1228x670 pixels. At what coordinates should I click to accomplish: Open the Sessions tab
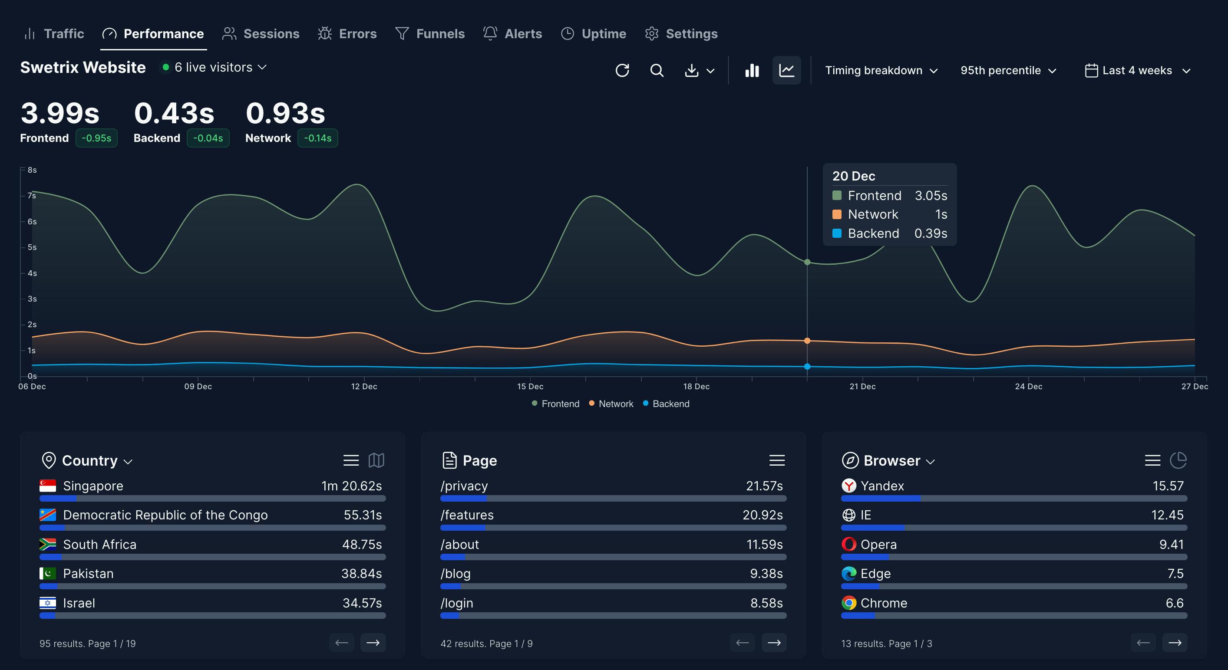pyautogui.click(x=261, y=33)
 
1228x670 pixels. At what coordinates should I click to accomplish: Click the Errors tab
pyautogui.click(x=347, y=33)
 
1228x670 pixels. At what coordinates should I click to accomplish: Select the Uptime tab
pyautogui.click(x=594, y=33)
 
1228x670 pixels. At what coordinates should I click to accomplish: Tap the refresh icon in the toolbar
pyautogui.click(x=622, y=71)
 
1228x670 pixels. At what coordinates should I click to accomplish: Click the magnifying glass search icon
pyautogui.click(x=657, y=71)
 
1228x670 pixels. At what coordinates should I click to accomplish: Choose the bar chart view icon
pyautogui.click(x=752, y=71)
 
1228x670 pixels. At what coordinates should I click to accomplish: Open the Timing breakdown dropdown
pyautogui.click(x=881, y=71)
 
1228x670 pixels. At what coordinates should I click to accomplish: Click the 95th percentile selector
pyautogui.click(x=1008, y=71)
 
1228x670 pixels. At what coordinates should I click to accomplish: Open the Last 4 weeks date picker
pyautogui.click(x=1137, y=71)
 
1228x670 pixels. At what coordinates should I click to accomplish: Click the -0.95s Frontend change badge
pyautogui.click(x=96, y=138)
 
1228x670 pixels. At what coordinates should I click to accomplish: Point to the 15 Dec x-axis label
pyautogui.click(x=530, y=387)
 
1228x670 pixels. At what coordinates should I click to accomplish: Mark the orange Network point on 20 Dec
pyautogui.click(x=807, y=341)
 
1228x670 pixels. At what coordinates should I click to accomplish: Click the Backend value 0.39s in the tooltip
pyautogui.click(x=931, y=233)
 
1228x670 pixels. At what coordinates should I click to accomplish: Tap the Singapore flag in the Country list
pyautogui.click(x=48, y=486)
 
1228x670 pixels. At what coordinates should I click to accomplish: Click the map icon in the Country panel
pyautogui.click(x=376, y=460)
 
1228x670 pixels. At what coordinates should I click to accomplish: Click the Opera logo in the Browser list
pyautogui.click(x=848, y=544)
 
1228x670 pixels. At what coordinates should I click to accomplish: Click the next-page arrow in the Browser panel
pyautogui.click(x=1175, y=643)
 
